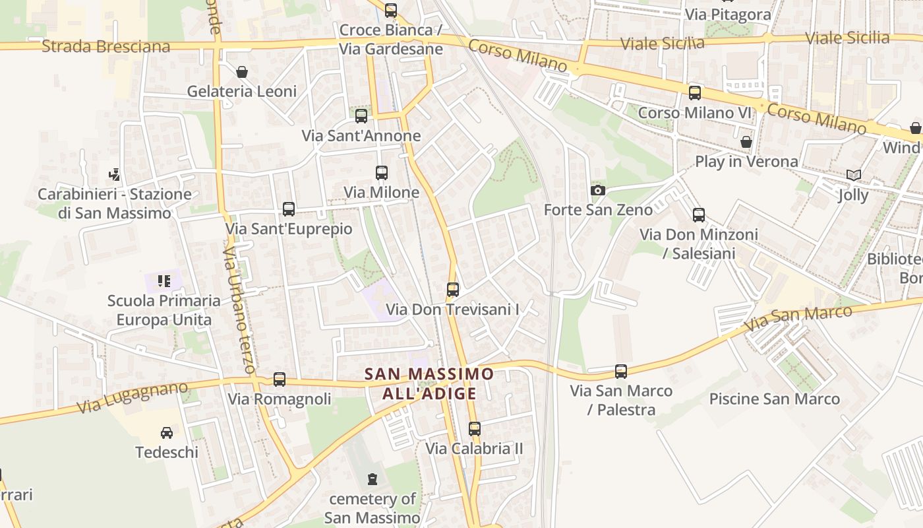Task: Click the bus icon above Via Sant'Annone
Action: click(x=361, y=116)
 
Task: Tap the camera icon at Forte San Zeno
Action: click(x=598, y=190)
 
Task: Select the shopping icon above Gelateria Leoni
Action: click(x=242, y=71)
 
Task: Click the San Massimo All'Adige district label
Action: click(x=429, y=383)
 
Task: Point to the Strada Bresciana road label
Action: click(x=105, y=46)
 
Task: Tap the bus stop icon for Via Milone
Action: click(x=381, y=173)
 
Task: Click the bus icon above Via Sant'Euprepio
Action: click(x=288, y=209)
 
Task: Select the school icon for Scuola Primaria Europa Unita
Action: click(x=164, y=281)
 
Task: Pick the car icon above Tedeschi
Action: click(x=167, y=433)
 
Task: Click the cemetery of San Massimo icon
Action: click(x=372, y=478)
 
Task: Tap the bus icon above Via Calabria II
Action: click(x=474, y=428)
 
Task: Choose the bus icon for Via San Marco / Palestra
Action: click(x=621, y=372)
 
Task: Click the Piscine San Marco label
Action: click(x=774, y=399)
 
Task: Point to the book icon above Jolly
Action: click(x=853, y=175)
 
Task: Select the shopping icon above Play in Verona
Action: click(x=746, y=142)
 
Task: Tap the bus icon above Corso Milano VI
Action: click(x=694, y=93)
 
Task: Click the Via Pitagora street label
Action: click(x=728, y=15)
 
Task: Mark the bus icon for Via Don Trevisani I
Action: click(x=452, y=289)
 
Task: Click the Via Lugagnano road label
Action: click(x=132, y=397)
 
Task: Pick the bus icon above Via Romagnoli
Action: click(x=280, y=379)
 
